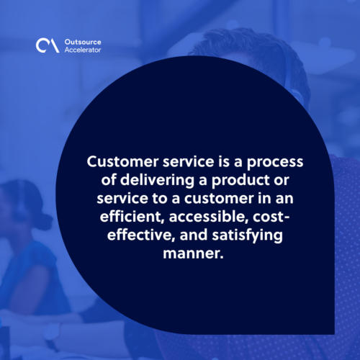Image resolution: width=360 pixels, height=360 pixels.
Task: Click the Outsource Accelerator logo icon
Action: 48,45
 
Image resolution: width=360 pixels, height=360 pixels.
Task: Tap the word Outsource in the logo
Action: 83,42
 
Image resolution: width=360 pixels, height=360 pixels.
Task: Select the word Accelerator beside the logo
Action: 83,50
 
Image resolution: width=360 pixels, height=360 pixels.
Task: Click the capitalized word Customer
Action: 122,161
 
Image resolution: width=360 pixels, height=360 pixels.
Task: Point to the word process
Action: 275,163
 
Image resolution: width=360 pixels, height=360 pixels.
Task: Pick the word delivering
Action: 157,181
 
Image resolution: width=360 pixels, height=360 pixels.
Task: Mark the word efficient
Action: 132,217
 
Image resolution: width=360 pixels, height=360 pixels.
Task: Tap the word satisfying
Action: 248,235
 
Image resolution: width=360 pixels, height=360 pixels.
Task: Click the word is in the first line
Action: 224,161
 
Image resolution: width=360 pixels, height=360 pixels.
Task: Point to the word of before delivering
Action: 109,180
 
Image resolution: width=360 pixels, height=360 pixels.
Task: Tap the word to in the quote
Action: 160,199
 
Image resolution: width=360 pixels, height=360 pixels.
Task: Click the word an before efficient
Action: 284,199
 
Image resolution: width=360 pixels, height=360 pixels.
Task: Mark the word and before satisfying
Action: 194,235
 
